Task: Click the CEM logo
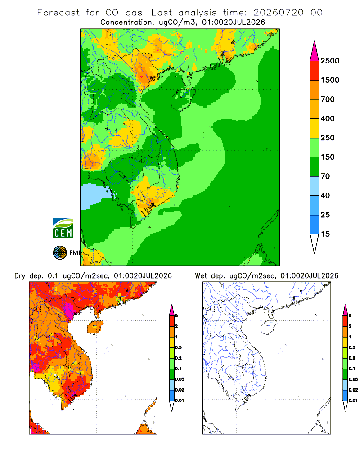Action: coord(63,228)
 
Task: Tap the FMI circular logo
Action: coord(60,253)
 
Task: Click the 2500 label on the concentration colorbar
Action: coord(330,61)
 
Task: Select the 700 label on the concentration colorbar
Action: coord(328,99)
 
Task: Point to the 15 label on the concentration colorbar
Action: coord(325,234)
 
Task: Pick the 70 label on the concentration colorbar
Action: coord(325,176)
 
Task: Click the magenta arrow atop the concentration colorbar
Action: coord(315,51)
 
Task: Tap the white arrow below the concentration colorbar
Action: coord(315,243)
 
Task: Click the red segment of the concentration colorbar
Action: coord(315,71)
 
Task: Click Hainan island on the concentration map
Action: coord(183,99)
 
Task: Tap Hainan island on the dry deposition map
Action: coord(95,327)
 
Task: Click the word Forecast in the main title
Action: coord(58,13)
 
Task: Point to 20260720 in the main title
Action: coord(279,13)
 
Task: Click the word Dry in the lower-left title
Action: coord(20,276)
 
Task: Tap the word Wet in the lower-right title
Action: coord(201,276)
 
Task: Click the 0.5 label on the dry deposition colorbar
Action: coord(178,347)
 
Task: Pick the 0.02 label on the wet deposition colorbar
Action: coord(353,390)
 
